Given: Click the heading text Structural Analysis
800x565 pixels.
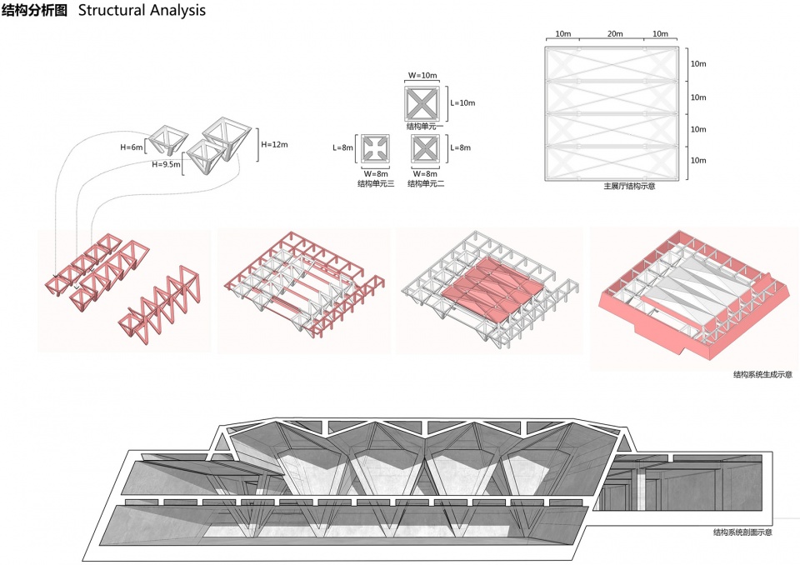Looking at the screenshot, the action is coord(142,10).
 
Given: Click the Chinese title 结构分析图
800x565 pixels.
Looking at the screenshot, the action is coord(34,10).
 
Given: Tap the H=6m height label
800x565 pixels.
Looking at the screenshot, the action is coord(132,147).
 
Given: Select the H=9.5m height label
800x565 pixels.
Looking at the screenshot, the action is coord(167,164).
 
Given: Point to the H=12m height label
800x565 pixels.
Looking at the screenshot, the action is coord(274,144).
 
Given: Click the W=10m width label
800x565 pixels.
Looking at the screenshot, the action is coord(422,76).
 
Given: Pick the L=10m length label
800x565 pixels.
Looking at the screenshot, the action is coord(462,102).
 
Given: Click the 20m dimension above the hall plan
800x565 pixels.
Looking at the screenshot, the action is coord(615,33).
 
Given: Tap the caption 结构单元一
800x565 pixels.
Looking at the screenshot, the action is coord(425,126).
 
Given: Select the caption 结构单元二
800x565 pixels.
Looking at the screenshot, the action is coord(426,183).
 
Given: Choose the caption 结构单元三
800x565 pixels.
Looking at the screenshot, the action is coord(376,183).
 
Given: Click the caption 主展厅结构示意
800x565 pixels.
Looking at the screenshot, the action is coord(630,187).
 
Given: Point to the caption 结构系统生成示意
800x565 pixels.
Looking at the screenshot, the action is coord(762,375).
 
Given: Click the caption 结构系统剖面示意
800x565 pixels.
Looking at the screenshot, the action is coord(742,532).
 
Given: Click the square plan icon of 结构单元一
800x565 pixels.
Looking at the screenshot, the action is coord(422,103).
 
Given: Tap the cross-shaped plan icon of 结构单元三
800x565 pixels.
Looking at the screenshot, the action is coord(376,149).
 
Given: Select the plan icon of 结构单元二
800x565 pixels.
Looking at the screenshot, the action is coord(426,149).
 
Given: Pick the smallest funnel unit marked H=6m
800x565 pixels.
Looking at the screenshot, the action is coord(168,137).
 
